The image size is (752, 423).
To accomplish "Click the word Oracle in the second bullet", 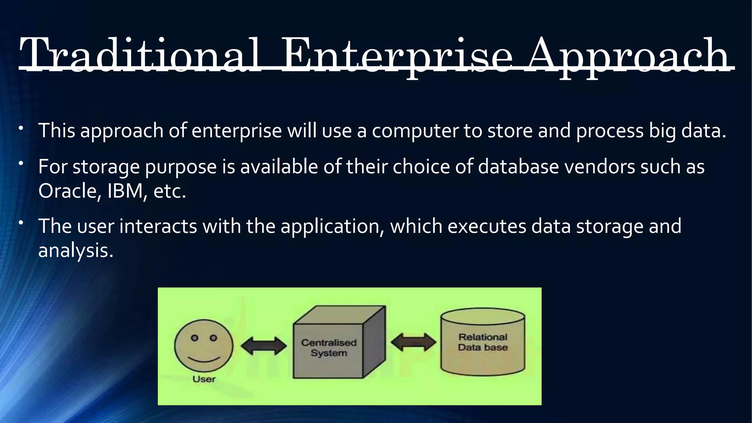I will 68,191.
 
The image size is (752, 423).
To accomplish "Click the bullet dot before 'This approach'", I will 22,128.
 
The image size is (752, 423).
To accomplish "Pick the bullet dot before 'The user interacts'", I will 22,223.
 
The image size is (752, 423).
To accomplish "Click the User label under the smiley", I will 204,379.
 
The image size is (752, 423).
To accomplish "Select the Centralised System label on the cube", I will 329,348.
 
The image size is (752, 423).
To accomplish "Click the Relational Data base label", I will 482,342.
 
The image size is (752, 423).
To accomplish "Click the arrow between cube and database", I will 413,342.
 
